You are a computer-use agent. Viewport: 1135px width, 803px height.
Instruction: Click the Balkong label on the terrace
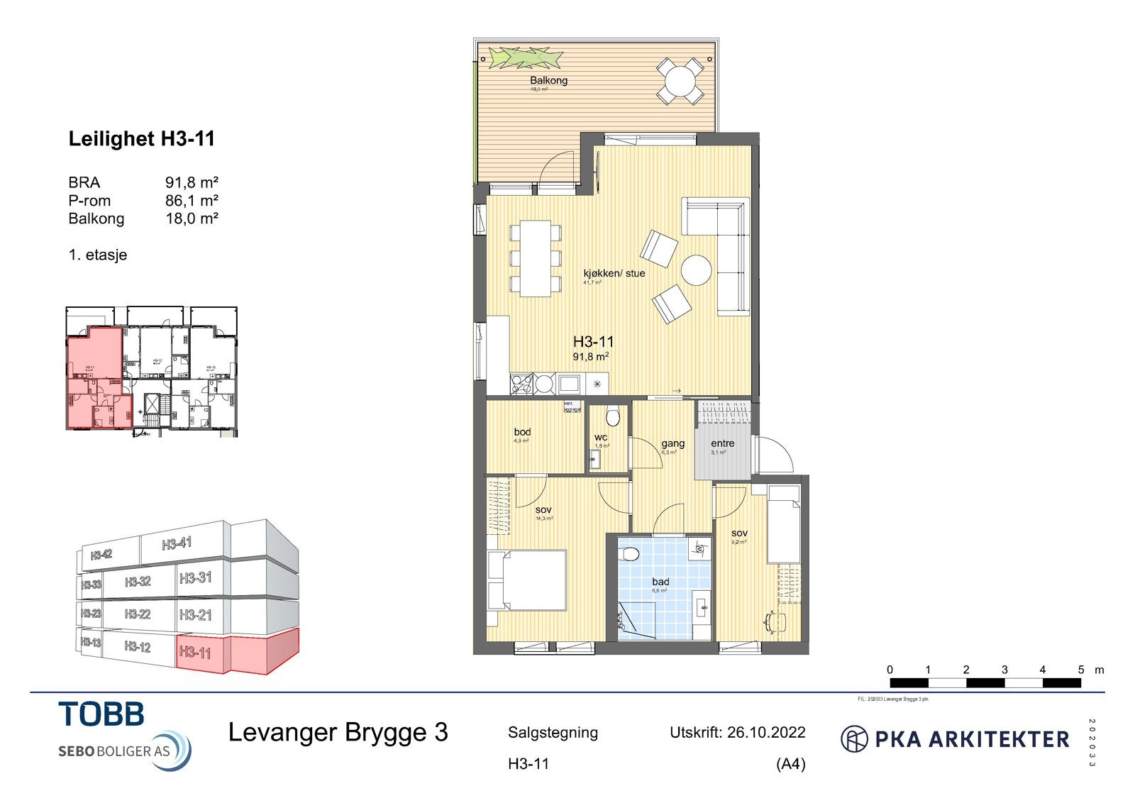pyautogui.click(x=548, y=80)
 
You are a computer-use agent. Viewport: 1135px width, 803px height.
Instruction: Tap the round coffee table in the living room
pyautogui.click(x=696, y=270)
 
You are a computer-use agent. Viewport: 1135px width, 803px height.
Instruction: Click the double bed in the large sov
pyautogui.click(x=529, y=580)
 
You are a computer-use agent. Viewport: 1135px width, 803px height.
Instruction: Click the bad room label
pyautogui.click(x=660, y=582)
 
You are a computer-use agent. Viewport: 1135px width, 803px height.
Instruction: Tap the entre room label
pyautogui.click(x=722, y=443)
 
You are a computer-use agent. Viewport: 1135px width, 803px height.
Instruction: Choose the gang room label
pyautogui.click(x=672, y=443)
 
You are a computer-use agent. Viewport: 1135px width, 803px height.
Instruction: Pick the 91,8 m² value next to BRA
pyautogui.click(x=192, y=182)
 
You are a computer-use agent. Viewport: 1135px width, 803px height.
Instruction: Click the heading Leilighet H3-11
pyautogui.click(x=141, y=139)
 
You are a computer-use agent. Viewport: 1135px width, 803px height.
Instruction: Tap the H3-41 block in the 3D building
pyautogui.click(x=177, y=544)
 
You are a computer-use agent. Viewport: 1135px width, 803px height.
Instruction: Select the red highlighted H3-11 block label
pyautogui.click(x=195, y=652)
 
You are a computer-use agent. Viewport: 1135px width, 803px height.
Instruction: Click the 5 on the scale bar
pyautogui.click(x=1080, y=670)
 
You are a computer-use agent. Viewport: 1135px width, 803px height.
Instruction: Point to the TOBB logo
pyautogui.click(x=101, y=714)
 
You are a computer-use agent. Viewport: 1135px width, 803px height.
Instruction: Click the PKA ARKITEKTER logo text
pyautogui.click(x=971, y=739)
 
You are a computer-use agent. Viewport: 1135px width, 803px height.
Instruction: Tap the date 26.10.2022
pyautogui.click(x=766, y=733)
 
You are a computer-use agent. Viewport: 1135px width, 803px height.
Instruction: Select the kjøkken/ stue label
pyautogui.click(x=614, y=273)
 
